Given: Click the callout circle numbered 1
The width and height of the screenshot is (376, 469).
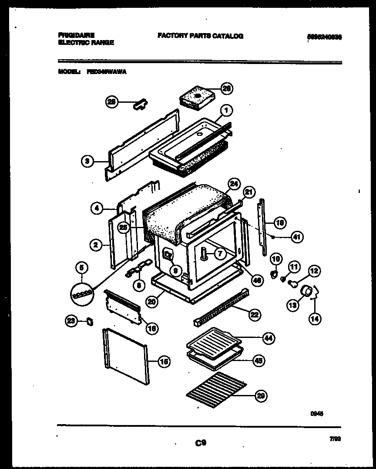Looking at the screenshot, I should click(226, 111).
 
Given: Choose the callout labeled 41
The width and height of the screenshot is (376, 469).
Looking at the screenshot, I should click(296, 237).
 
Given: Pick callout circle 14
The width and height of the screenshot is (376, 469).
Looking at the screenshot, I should click(314, 319).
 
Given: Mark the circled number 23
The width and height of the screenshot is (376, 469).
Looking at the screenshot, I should click(70, 321).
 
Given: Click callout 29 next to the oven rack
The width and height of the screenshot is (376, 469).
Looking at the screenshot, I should click(261, 396).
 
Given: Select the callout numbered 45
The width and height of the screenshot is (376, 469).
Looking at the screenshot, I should click(258, 361).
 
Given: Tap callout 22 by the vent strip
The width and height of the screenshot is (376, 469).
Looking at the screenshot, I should click(255, 314).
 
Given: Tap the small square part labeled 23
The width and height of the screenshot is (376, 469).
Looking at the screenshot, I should click(90, 321).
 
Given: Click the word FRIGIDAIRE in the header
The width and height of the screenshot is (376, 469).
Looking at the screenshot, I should click(76, 34).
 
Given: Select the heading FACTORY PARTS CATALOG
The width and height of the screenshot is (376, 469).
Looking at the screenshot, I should click(200, 36).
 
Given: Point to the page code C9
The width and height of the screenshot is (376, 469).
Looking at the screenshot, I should click(200, 443).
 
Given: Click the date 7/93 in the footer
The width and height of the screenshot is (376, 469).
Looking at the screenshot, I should click(335, 440).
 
